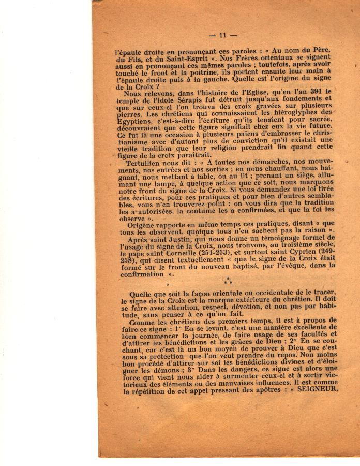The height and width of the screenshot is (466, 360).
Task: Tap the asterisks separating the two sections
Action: point(227,281)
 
